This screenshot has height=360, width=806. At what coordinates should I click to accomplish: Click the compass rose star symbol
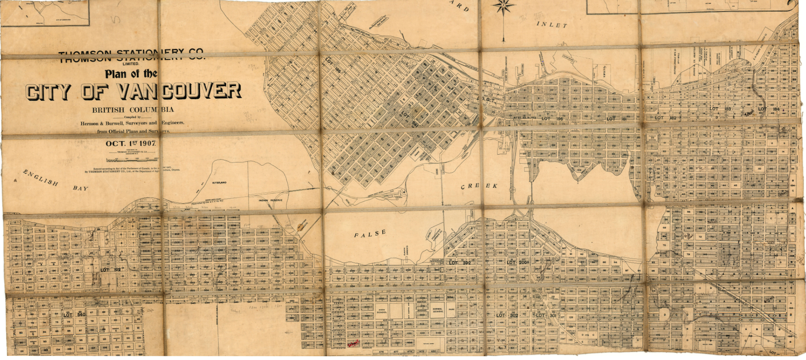tap(503, 7)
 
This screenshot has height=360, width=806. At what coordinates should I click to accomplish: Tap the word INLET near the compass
tap(552, 25)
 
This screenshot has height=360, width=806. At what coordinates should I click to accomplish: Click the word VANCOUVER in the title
tap(179, 91)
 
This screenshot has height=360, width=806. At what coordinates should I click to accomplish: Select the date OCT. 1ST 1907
tap(131, 144)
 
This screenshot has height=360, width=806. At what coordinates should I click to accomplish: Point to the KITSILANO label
tap(219, 183)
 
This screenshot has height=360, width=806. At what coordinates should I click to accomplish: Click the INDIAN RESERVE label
tap(270, 200)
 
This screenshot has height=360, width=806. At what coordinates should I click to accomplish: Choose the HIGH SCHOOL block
tap(382, 311)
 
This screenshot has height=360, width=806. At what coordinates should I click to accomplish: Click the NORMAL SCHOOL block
tap(437, 310)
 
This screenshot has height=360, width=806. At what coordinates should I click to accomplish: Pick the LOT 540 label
tap(74, 314)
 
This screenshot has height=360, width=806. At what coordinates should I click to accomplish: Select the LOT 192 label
tap(111, 270)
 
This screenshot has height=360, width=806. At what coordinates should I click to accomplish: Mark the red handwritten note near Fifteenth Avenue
tap(353, 344)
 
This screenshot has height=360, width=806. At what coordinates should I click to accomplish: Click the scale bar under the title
tap(132, 160)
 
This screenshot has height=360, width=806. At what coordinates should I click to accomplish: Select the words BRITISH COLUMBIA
tap(132, 110)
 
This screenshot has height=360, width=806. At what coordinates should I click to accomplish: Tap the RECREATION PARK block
tap(417, 154)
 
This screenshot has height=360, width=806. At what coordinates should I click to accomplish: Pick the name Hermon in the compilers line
tap(89, 124)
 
